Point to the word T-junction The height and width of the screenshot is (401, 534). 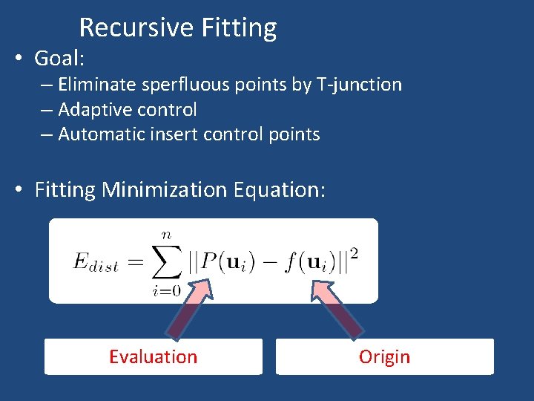click(359, 85)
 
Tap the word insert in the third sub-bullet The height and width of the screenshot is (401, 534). click(170, 134)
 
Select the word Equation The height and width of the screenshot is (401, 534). click(279, 190)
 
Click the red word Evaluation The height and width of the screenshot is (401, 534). click(153, 357)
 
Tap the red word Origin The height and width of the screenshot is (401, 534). click(384, 357)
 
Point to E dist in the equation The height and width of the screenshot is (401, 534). click(96, 262)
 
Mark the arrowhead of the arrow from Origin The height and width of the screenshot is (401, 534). click(321, 287)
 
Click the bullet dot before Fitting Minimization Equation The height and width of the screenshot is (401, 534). click(20, 190)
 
